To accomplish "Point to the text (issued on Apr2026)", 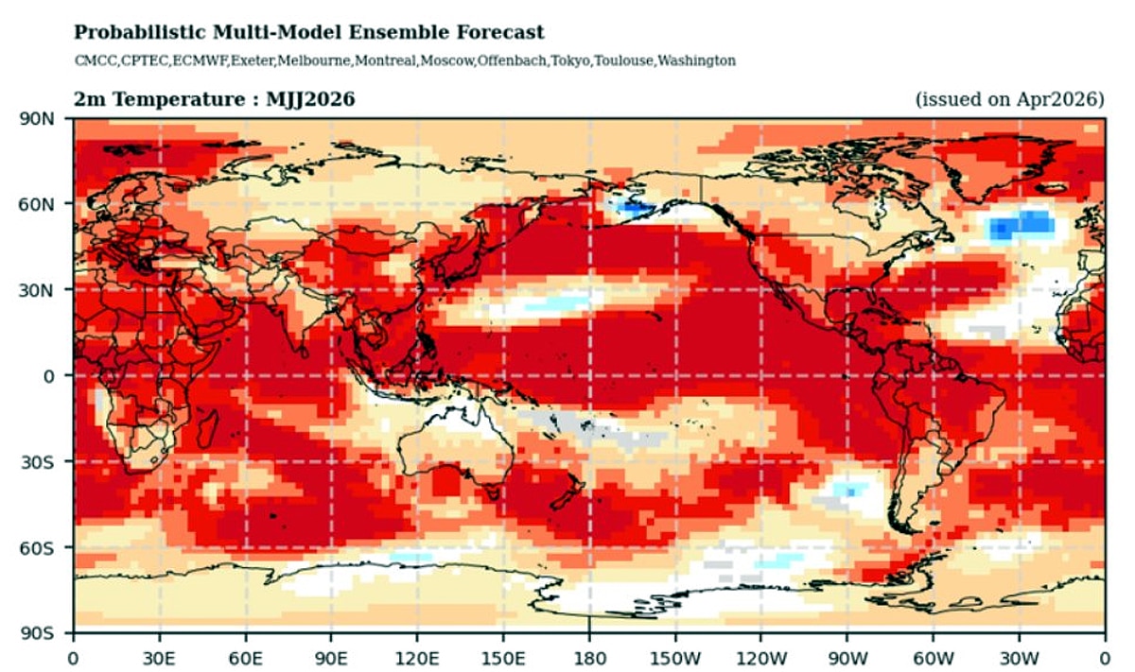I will pyautogui.click(x=1009, y=99).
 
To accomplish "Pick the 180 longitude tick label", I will pyautogui.click(x=589, y=654).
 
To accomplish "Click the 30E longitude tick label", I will pyautogui.click(x=159, y=654).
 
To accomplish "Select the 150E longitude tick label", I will pyautogui.click(x=503, y=654).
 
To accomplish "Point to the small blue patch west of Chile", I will pyautogui.click(x=851, y=491).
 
